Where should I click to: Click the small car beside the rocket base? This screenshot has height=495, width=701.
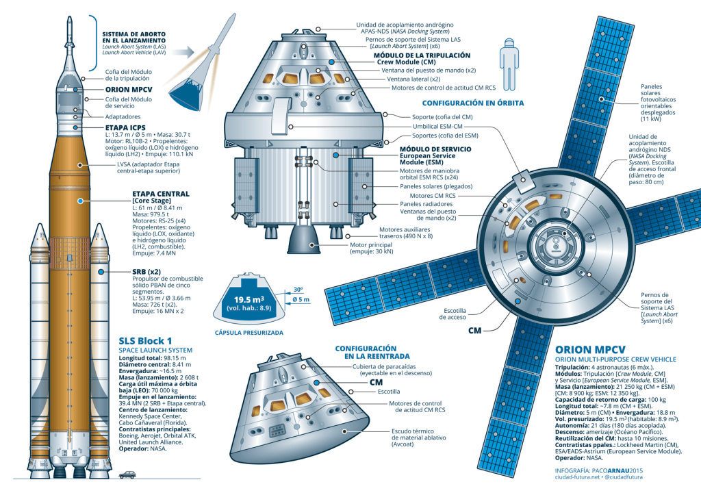[128, 474]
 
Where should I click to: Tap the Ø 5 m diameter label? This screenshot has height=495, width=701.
[301, 300]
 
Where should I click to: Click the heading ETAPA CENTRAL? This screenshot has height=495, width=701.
[161, 194]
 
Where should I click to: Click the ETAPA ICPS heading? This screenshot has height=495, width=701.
[125, 127]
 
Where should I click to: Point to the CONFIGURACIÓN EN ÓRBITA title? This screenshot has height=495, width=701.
[472, 103]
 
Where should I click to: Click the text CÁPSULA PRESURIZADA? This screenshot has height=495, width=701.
[249, 333]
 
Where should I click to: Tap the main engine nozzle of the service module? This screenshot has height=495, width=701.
[301, 240]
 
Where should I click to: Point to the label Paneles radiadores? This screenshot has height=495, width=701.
[426, 203]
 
